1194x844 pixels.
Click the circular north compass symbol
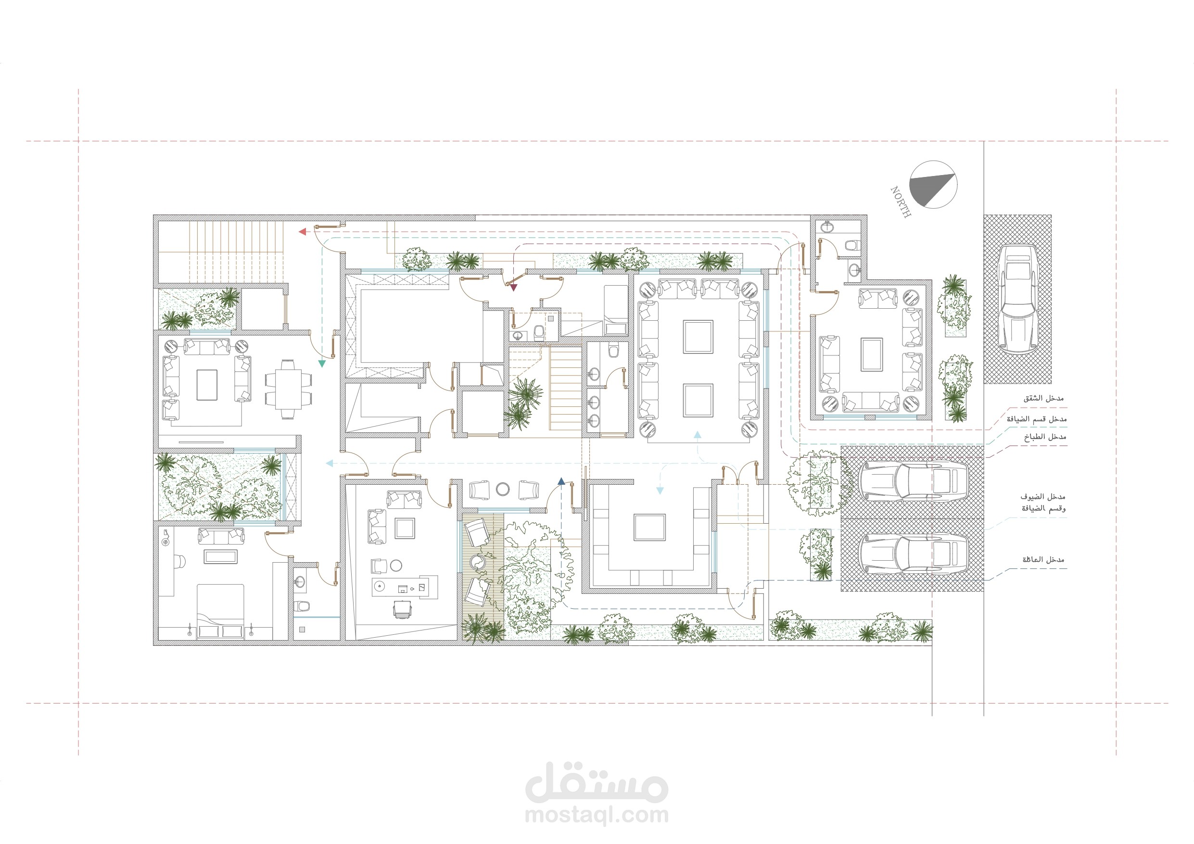pyautogui.click(x=933, y=185)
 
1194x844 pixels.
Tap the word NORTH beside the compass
pyautogui.click(x=901, y=202)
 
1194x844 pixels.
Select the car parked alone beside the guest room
pyautogui.click(x=1017, y=300)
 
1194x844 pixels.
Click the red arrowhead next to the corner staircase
pyautogui.click(x=302, y=231)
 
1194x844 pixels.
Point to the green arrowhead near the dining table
pyautogui.click(x=322, y=364)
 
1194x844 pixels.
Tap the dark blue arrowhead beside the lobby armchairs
pyautogui.click(x=561, y=481)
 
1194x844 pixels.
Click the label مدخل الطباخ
pyautogui.click(x=1045, y=437)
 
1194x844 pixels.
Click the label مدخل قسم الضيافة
pyautogui.click(x=1036, y=418)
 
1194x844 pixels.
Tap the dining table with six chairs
pyautogui.click(x=288, y=390)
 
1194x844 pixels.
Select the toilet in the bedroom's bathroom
pyautogui.click(x=302, y=606)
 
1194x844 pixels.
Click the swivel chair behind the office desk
pyautogui.click(x=401, y=608)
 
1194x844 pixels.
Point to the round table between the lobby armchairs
pyautogui.click(x=502, y=489)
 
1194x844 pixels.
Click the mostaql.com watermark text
pyautogui.click(x=597, y=814)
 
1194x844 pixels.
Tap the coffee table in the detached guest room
pyautogui.click(x=872, y=354)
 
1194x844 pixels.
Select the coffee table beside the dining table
pyautogui.click(x=207, y=385)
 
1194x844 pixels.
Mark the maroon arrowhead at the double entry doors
pyautogui.click(x=514, y=288)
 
